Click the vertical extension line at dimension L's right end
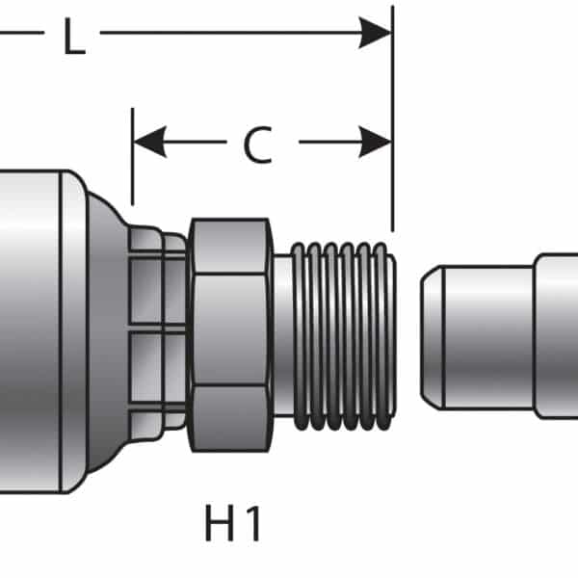(x=392, y=116)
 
